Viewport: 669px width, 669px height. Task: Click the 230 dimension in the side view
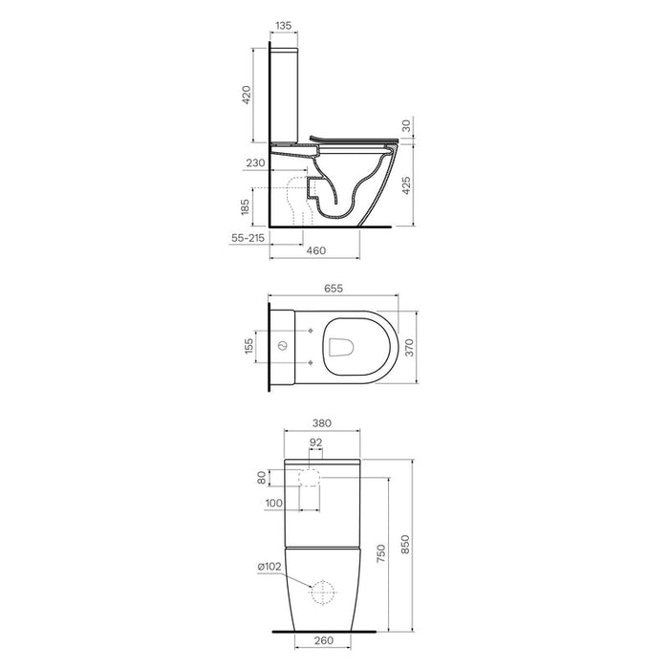pyautogui.click(x=255, y=164)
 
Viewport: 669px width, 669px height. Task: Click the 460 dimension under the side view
pyautogui.click(x=315, y=250)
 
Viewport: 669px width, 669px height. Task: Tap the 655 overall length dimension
pyautogui.click(x=333, y=288)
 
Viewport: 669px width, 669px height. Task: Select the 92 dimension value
pyautogui.click(x=316, y=443)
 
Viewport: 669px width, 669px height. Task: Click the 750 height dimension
pyautogui.click(x=383, y=555)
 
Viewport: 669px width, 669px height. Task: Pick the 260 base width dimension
pyautogui.click(x=323, y=642)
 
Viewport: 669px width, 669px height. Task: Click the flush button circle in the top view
pyautogui.click(x=284, y=345)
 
